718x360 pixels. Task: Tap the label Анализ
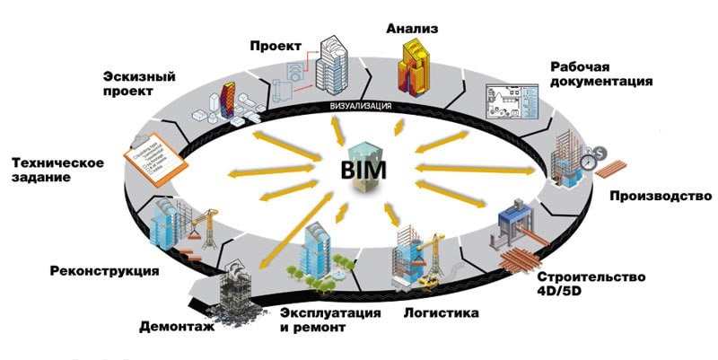tap(412, 29)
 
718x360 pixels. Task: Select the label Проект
tap(276, 45)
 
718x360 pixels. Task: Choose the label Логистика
tap(440, 313)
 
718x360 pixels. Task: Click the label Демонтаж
tap(177, 327)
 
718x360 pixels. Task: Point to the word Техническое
tap(58, 162)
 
